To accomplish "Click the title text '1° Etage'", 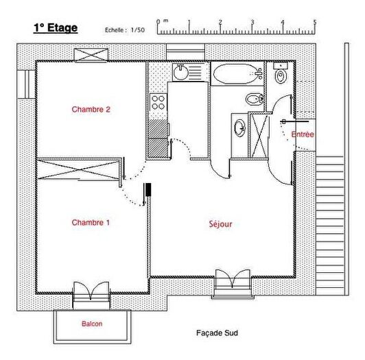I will coord(56,28).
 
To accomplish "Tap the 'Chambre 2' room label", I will coord(91,109).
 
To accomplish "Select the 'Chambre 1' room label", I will coord(91,222).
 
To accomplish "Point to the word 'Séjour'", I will coord(220,224).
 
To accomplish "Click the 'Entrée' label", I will coord(303,134).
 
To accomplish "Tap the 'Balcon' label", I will coord(92,324).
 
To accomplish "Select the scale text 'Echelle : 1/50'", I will coord(125,30).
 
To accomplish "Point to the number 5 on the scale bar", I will coord(315,22).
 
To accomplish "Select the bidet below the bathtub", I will coord(253,100).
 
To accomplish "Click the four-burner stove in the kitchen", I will coord(158,103).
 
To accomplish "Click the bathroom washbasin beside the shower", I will coord(239,128).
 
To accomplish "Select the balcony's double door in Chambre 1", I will coord(91,291).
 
